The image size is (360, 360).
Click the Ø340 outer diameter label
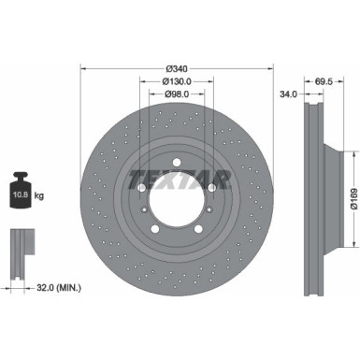point(177,68)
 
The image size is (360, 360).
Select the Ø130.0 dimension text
point(177,81)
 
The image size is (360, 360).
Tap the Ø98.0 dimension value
point(177,94)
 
